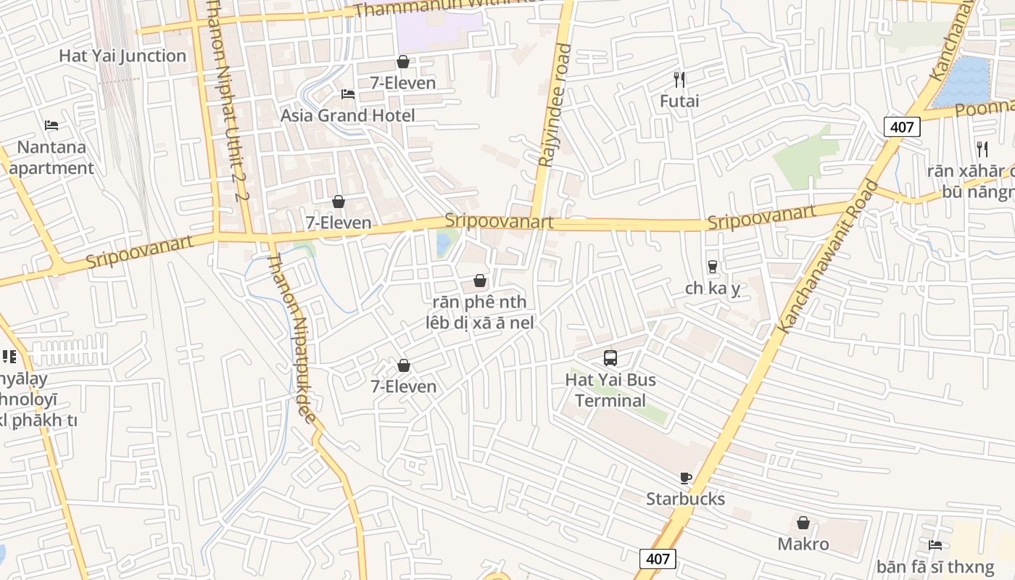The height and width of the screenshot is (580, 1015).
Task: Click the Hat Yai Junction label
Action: coord(123,56)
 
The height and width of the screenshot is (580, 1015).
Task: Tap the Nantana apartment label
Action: coord(51,157)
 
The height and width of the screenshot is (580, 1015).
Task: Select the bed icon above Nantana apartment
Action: coord(51,125)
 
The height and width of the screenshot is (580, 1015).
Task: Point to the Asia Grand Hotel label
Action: coord(348,115)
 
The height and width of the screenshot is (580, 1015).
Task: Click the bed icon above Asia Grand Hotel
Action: coord(348,94)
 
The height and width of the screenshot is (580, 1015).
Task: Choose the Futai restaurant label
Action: coord(679,101)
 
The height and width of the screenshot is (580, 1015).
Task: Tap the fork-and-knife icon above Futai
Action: coord(679,79)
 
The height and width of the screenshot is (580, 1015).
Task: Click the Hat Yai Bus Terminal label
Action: coord(610,390)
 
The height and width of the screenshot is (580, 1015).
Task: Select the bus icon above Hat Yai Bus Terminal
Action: coord(610,357)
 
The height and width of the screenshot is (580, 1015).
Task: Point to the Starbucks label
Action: coord(686,499)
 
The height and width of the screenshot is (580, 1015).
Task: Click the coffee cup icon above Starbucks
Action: coord(686,478)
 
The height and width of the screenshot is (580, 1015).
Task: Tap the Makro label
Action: coord(803,544)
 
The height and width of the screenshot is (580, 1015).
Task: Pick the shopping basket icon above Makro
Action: coord(803,523)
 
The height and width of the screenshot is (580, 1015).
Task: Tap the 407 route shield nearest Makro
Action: coord(658,558)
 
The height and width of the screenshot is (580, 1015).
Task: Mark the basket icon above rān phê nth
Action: coord(479,281)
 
